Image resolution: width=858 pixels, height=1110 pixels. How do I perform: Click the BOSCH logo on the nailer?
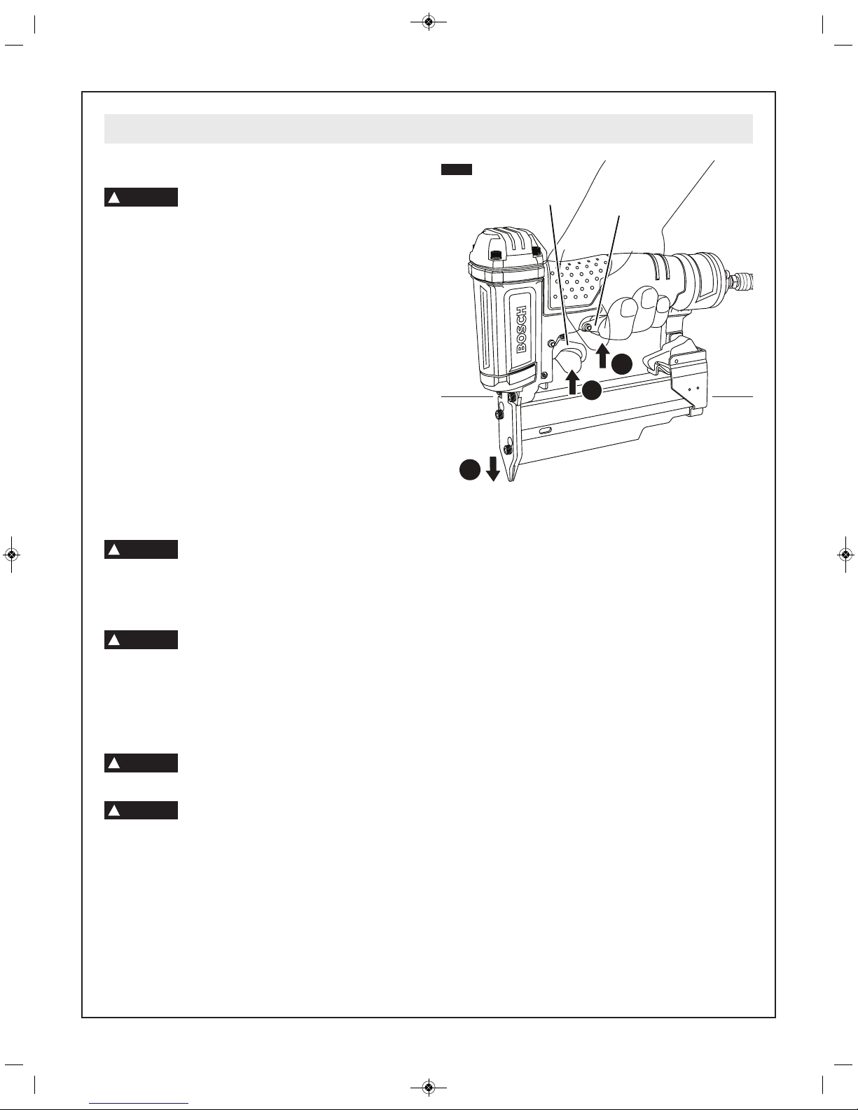click(521, 329)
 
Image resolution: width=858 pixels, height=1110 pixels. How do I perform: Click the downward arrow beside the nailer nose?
click(493, 469)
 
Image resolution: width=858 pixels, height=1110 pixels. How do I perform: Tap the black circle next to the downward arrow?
click(470, 469)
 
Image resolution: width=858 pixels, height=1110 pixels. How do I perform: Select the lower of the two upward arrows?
click(574, 381)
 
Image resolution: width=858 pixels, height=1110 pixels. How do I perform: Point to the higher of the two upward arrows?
click(602, 356)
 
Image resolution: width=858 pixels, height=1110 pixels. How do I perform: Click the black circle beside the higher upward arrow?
click(622, 364)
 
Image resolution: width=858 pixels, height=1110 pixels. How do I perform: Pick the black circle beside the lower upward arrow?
click(593, 391)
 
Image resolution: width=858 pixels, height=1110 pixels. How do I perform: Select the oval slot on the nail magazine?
click(546, 431)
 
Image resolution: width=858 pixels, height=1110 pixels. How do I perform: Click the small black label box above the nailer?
click(457, 169)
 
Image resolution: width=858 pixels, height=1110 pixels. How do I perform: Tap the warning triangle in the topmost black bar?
click(114, 197)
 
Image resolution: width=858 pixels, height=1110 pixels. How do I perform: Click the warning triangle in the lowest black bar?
click(114, 811)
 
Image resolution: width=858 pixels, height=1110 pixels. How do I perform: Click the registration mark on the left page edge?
click(11, 554)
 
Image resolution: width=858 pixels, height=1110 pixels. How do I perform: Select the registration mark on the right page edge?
click(846, 554)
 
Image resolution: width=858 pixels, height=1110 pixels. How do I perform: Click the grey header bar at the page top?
click(429, 129)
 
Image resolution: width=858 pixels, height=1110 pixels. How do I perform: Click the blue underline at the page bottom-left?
click(139, 1104)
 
